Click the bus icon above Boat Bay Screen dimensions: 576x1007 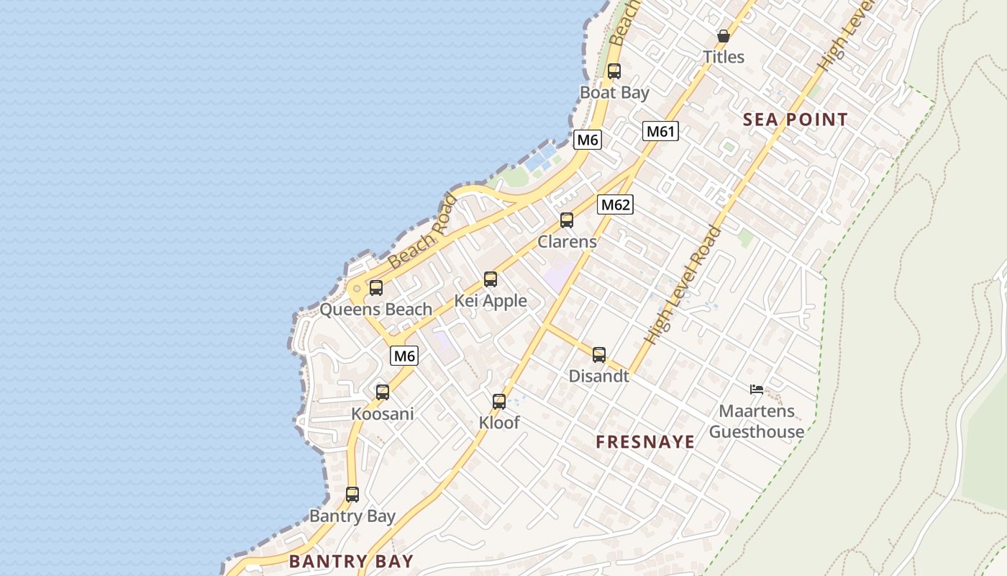[x=614, y=71]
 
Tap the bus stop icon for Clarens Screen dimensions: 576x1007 [x=567, y=220]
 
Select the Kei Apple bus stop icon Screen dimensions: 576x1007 [x=491, y=279]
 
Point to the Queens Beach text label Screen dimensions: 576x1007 [x=375, y=310]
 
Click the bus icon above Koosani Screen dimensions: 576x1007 [x=383, y=392]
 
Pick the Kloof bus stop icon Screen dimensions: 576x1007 [x=499, y=402]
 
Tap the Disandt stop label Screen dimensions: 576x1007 [x=598, y=376]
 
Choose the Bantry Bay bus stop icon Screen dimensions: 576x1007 [x=352, y=495]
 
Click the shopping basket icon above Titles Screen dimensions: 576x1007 [x=724, y=36]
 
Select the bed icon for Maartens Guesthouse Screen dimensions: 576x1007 [x=756, y=390]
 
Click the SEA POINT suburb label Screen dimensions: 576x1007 [x=795, y=120]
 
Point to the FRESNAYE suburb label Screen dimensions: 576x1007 [x=645, y=441]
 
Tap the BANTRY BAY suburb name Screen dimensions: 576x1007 [x=351, y=561]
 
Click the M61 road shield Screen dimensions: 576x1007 [x=660, y=131]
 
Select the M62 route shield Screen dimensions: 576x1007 [x=615, y=204]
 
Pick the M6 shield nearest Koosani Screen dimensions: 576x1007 [x=404, y=356]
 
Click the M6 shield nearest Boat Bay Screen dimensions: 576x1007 [x=587, y=140]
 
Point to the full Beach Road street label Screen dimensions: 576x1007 [x=422, y=232]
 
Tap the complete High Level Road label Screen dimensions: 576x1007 [x=683, y=285]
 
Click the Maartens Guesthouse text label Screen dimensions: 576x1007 [x=757, y=421]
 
